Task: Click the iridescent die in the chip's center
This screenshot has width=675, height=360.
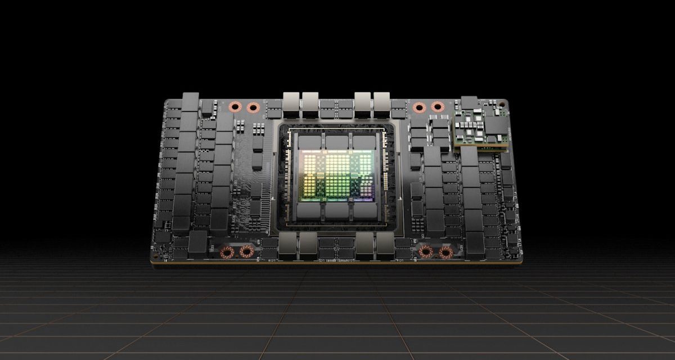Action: click(337, 177)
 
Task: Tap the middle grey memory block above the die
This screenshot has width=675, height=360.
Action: click(337, 142)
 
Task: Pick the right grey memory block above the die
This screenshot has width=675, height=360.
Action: click(364, 142)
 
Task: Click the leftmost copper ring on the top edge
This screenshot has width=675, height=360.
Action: click(235, 106)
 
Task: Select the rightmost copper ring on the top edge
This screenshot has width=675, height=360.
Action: click(437, 106)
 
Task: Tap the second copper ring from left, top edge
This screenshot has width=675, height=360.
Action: click(253, 106)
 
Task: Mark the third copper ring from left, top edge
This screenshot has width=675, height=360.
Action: click(418, 106)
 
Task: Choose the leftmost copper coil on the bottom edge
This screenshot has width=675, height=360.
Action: click(227, 252)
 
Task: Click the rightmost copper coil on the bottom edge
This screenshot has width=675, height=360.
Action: click(445, 252)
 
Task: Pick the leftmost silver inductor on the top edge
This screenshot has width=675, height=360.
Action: click(292, 103)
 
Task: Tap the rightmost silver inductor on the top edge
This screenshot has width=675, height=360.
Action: click(382, 103)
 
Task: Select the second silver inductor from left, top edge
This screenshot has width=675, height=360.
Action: click(310, 103)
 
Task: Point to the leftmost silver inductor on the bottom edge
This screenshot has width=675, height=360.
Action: click(289, 244)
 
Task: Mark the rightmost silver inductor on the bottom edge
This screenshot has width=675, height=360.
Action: click(385, 244)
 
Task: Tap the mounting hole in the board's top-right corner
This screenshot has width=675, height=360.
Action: click(503, 104)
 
